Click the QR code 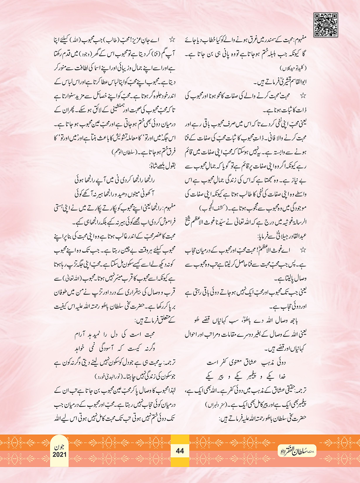[x=326, y=25]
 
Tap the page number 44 [x=180, y=451]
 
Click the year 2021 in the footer [x=60, y=455]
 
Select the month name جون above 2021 [x=60, y=447]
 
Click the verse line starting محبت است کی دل [x=115, y=335]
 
